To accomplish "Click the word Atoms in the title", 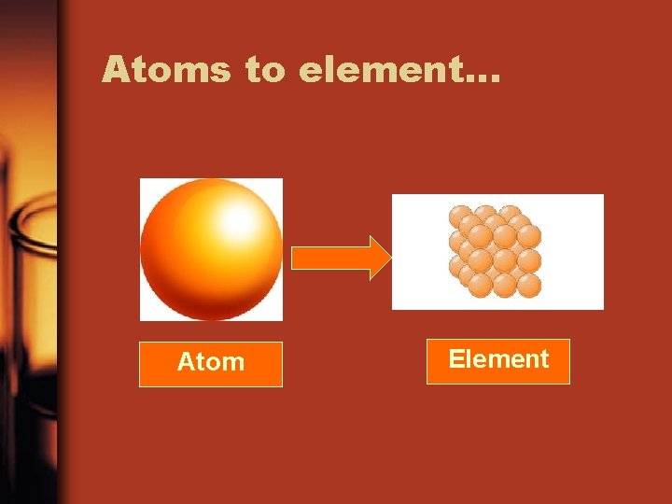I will (x=166, y=69).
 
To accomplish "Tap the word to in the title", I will (x=265, y=70).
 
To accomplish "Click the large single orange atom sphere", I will (x=211, y=249).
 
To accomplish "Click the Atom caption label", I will (x=211, y=363).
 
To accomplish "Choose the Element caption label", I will (x=498, y=360).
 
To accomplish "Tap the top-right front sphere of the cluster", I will (x=528, y=236).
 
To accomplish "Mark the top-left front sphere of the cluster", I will (x=481, y=236).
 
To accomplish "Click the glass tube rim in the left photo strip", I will (x=28, y=233).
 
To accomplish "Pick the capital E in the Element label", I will (x=455, y=360).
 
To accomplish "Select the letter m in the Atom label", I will (x=232, y=364).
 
